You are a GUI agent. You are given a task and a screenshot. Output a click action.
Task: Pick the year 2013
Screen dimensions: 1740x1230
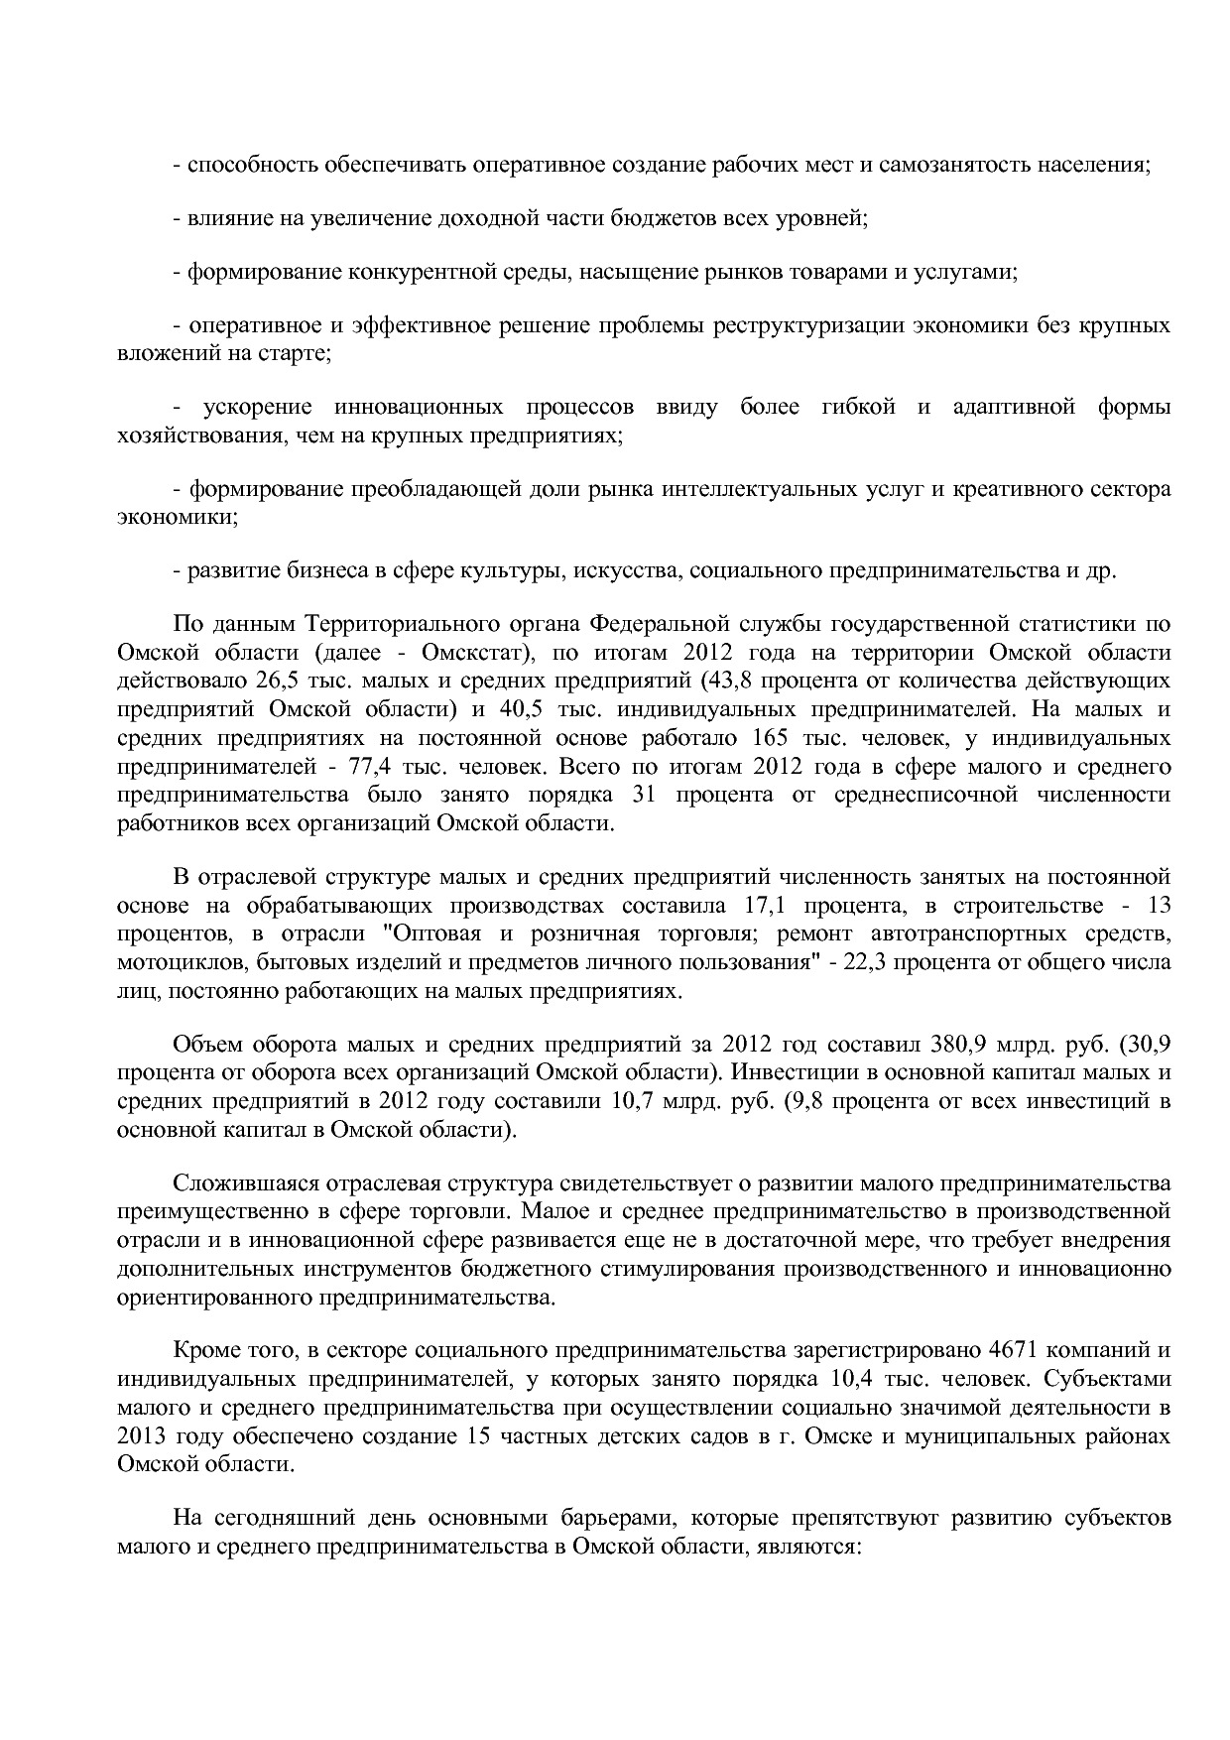click(141, 1436)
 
